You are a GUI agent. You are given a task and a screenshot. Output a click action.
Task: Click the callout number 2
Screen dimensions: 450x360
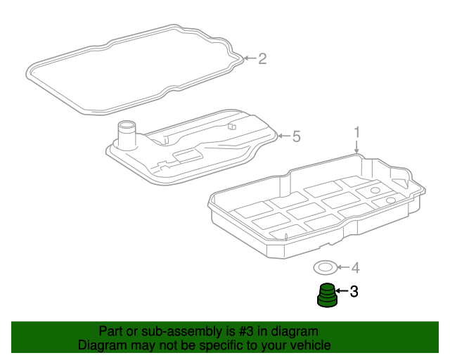click(262, 58)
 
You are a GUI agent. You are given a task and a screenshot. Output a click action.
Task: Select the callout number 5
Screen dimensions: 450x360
click(297, 136)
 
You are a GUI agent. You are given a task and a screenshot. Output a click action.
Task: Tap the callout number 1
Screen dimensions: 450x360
click(356, 133)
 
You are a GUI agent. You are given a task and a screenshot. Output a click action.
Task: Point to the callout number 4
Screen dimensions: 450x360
click(356, 268)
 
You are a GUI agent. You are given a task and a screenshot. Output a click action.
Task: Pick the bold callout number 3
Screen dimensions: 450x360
click(354, 291)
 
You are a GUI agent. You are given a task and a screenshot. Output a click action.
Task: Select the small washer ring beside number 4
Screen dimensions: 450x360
click(325, 268)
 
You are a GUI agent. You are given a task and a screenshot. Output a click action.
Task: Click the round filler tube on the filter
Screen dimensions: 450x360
click(127, 135)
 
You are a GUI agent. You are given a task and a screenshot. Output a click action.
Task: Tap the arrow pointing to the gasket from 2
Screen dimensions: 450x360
click(250, 58)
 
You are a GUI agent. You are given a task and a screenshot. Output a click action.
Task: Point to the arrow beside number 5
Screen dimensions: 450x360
click(284, 136)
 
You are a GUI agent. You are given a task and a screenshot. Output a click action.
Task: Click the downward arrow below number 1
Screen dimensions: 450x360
click(356, 147)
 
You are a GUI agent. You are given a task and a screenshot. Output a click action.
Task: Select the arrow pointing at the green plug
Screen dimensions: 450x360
click(342, 291)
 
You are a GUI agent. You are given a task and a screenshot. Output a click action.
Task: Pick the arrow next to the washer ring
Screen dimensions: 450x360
click(344, 268)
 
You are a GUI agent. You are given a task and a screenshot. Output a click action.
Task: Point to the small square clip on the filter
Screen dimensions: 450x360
click(232, 126)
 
